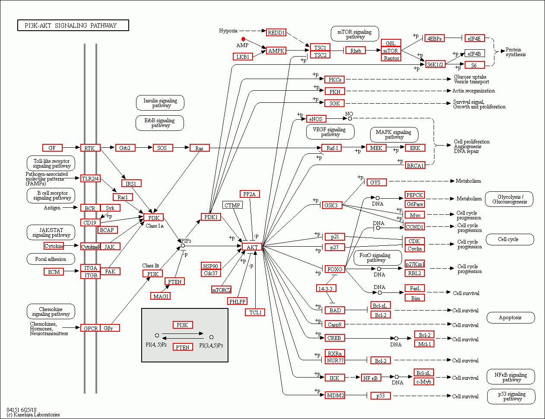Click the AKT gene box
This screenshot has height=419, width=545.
[252, 247]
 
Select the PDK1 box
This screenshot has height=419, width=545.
[211, 217]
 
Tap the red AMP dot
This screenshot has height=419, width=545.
[243, 39]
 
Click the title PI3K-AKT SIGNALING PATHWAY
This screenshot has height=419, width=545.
[73, 25]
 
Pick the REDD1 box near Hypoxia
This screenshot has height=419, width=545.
[276, 32]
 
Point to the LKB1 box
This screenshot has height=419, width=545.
[243, 57]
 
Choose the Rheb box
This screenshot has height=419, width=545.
[355, 51]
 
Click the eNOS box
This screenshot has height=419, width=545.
[316, 119]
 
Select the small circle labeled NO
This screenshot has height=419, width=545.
[350, 118]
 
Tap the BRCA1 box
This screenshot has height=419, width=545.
[415, 165]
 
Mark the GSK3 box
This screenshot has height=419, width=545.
[331, 205]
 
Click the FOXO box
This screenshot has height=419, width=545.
[335, 269]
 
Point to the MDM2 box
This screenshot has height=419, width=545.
[335, 395]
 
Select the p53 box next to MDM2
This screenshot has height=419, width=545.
[380, 395]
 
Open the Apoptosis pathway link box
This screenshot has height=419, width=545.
[510, 317]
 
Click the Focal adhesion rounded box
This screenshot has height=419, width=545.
[51, 259]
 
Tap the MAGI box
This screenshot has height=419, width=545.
[161, 296]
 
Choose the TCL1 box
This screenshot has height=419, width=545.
[255, 312]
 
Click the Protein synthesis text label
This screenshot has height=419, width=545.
[516, 52]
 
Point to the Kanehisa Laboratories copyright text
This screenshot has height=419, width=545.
[33, 415]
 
